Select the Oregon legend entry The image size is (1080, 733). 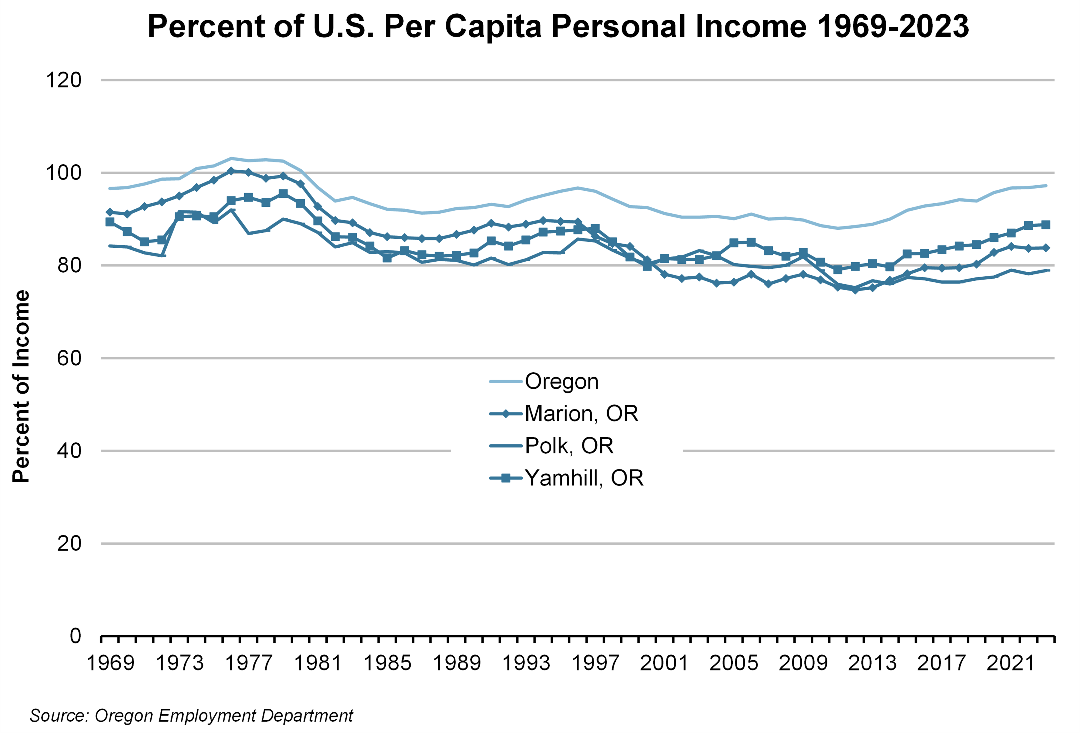pyautogui.click(x=561, y=381)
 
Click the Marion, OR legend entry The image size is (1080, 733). pyautogui.click(x=581, y=413)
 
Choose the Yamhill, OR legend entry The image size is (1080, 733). pyautogui.click(x=584, y=478)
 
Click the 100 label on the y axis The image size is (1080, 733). pyautogui.click(x=64, y=173)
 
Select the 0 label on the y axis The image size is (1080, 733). pyautogui.click(x=75, y=636)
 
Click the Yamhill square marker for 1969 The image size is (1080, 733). pyautogui.click(x=110, y=222)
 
